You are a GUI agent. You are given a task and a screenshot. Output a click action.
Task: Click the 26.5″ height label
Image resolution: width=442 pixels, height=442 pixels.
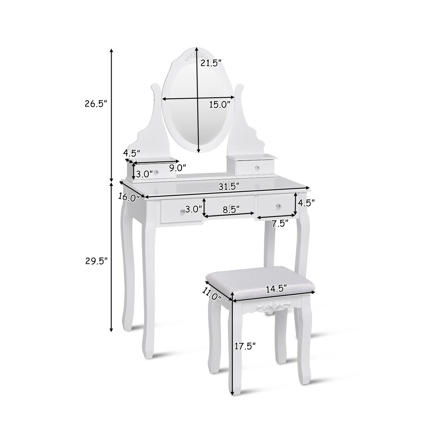click(95, 104)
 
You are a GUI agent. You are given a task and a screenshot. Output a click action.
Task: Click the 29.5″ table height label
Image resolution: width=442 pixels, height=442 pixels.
click(95, 261)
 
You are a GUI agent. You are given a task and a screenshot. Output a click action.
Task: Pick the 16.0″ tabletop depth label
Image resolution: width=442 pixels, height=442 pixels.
click(129, 197)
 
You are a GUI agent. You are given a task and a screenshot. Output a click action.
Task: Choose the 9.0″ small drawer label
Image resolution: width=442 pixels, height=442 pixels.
click(178, 168)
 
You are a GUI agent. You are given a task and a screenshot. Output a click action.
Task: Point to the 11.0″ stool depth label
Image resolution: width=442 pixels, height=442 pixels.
click(211, 293)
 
